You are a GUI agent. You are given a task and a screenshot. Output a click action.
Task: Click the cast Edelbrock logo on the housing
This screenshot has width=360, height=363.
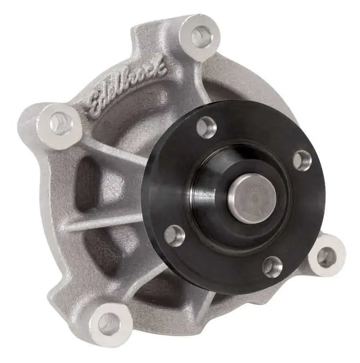pos(127,86)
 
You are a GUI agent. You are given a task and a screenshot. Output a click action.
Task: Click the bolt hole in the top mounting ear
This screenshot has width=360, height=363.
pos(200,36)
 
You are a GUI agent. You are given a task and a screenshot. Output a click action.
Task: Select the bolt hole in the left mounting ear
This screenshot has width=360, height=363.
pos(60,123)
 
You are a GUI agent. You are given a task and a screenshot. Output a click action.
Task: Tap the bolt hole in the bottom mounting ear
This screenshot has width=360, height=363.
pos(108,323)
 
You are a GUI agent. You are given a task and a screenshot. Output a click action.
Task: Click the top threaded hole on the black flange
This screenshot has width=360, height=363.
pos(206,127)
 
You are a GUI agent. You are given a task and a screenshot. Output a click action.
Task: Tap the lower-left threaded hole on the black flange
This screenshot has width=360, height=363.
pos(175,235)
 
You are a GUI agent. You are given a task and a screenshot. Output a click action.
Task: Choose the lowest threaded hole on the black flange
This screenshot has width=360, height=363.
pos(272,267)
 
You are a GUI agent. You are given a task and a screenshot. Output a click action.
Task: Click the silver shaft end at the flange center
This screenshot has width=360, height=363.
pos(252,198)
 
